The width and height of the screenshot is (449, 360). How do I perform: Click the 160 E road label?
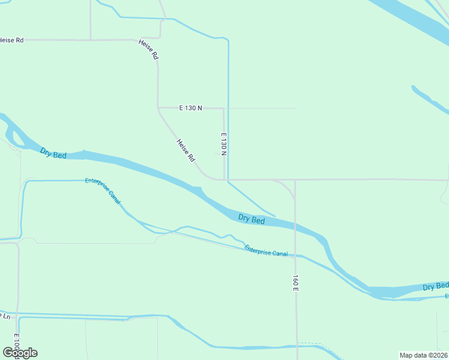(x=295, y=283)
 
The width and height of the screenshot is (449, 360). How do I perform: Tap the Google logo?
(x=20, y=352)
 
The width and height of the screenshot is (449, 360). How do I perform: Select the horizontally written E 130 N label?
(x=191, y=108)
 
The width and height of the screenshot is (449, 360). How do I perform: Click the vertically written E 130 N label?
(x=223, y=145)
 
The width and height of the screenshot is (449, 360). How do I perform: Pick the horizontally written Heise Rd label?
(x=11, y=40)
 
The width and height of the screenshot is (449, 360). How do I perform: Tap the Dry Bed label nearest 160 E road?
(x=252, y=219)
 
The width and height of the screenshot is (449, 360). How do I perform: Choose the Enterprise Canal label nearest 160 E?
(x=266, y=251)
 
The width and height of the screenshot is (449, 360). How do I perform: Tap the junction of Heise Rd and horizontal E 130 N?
(x=158, y=108)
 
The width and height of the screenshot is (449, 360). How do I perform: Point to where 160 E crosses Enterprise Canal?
(x=295, y=255)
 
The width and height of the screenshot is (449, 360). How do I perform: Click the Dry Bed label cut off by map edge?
(x=436, y=286)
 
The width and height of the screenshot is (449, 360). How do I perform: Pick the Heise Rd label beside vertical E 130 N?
(x=186, y=151)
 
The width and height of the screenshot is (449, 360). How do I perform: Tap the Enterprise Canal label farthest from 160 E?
(x=103, y=190)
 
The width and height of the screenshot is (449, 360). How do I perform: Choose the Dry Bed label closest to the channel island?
(x=53, y=153)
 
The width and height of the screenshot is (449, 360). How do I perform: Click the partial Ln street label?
(x=5, y=316)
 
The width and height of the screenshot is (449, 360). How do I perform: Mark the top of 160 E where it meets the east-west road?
(x=295, y=179)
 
